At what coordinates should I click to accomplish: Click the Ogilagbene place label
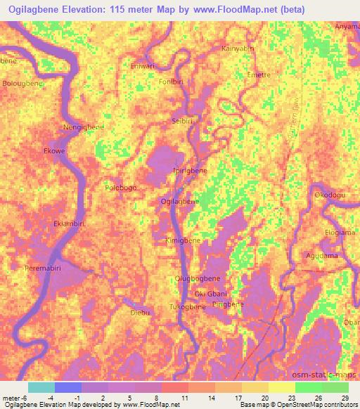[179, 201]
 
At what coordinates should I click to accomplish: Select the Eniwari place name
[143, 66]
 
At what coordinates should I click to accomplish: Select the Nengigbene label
[84, 127]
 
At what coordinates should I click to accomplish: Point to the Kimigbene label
[183, 240]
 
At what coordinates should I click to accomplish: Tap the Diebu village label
[141, 312]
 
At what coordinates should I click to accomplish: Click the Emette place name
[259, 74]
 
